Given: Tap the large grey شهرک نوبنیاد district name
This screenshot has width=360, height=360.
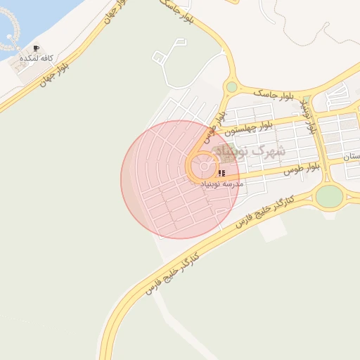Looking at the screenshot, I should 249,151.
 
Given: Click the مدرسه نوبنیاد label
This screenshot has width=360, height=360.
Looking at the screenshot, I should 222,183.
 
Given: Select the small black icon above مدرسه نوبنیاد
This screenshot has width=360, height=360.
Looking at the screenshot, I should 221,172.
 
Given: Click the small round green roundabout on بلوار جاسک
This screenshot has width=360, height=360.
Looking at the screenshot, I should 232,87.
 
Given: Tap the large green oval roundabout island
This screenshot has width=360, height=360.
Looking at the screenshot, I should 328,196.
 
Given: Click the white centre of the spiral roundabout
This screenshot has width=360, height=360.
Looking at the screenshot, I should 204,168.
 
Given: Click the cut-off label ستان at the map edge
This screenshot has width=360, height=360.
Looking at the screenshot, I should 351,158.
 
